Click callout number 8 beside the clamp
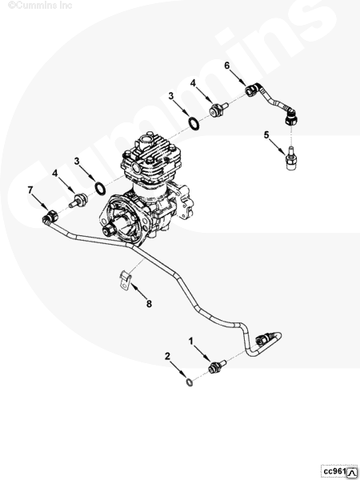[149, 304]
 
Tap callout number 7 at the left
[30, 190]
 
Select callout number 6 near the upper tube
[227, 66]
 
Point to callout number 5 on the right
[266, 134]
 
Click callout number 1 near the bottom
[191, 341]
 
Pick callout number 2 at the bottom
[167, 356]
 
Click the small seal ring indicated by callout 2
[190, 382]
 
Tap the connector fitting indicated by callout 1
[217, 366]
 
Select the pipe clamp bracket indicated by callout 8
[126, 280]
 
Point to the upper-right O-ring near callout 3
[194, 123]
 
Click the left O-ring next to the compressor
[101, 188]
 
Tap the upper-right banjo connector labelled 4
[218, 110]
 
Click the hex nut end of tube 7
[51, 217]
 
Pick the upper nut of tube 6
[252, 90]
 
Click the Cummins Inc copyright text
[40, 5]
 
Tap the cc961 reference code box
[339, 471]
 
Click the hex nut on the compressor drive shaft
[109, 230]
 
